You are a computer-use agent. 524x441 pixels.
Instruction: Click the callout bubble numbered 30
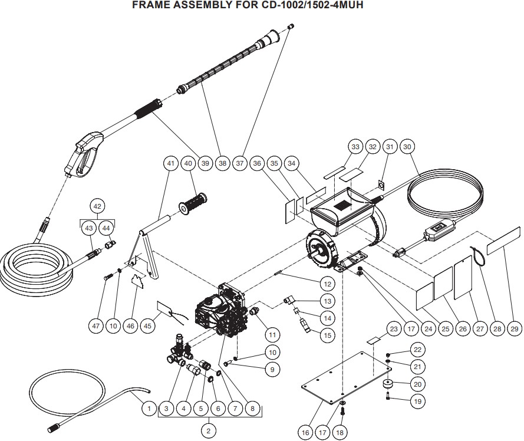(x=407, y=146)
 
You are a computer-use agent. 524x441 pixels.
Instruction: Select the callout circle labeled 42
(x=97, y=206)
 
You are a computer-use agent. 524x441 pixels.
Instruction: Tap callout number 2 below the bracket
(x=209, y=430)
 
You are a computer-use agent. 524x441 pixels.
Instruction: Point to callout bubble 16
(x=305, y=433)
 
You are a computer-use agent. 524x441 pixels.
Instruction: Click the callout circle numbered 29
(x=515, y=329)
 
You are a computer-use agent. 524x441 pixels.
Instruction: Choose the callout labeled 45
(x=148, y=325)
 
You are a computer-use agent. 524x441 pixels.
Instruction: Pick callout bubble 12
(x=328, y=284)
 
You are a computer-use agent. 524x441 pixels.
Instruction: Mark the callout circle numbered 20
(x=418, y=384)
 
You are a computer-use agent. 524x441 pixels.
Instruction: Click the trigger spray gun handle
(x=84, y=154)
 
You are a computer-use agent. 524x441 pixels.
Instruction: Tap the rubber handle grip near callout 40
(x=193, y=202)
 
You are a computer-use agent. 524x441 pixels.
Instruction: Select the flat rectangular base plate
(x=346, y=378)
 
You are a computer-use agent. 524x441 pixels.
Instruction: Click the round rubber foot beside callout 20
(x=388, y=385)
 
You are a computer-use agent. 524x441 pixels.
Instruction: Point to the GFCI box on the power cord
(x=438, y=230)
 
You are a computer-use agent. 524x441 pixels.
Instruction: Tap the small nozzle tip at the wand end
(x=291, y=26)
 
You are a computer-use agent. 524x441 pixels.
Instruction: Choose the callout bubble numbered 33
(x=355, y=146)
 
